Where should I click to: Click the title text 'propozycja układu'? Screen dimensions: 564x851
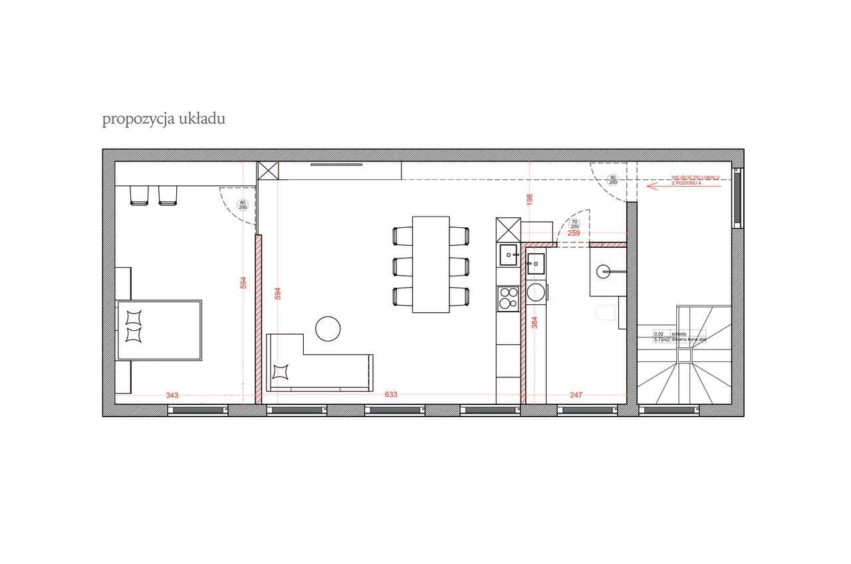[164, 120]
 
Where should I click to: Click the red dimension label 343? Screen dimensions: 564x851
[172, 395]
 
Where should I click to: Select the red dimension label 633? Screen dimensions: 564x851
[391, 395]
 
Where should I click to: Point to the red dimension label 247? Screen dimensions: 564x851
[576, 395]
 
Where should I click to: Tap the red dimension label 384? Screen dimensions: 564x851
[534, 324]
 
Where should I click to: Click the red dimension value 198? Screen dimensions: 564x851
[530, 199]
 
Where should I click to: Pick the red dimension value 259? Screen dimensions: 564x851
[574, 233]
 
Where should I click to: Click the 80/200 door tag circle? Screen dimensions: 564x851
[243, 205]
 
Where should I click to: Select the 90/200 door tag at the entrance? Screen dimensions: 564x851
[612, 179]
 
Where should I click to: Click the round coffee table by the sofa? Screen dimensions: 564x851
[328, 328]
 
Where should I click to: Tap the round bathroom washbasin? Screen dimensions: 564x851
[604, 270]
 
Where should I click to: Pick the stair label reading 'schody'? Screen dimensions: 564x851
[679, 334]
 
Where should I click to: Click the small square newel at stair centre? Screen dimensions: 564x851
[684, 356]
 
